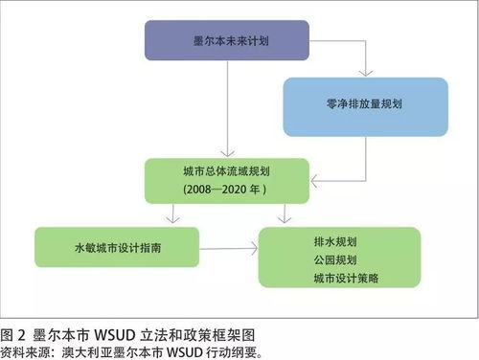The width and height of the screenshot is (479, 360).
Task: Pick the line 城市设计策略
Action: coord(341,277)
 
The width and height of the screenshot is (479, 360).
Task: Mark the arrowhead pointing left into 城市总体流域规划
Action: coord(314,178)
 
